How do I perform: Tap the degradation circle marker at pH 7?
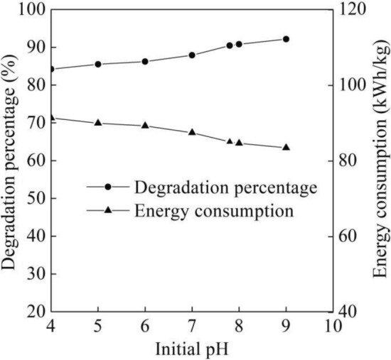pyautogui.click(x=192, y=55)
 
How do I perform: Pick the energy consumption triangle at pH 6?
pyautogui.click(x=145, y=125)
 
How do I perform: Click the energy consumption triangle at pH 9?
pyautogui.click(x=286, y=147)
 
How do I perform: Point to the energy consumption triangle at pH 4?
pyautogui.click(x=52, y=118)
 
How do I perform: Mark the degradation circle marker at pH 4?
pyautogui.click(x=52, y=69)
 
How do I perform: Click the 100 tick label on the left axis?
pyautogui.click(x=30, y=10)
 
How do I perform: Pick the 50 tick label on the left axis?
pyautogui.click(x=34, y=198)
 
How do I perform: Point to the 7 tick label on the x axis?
pyautogui.click(x=192, y=326)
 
